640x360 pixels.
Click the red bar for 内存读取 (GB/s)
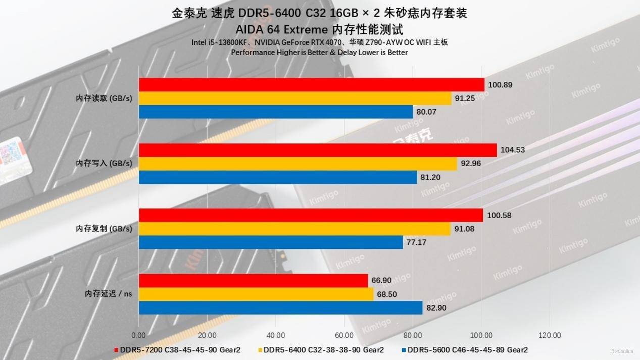tap(311, 85)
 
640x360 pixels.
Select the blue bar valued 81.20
tap(278, 177)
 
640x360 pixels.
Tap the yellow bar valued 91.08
tap(294, 229)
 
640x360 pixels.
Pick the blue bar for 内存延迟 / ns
tap(280, 307)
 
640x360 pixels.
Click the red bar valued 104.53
tap(318, 150)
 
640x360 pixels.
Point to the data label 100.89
tap(500, 85)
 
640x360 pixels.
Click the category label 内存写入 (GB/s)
tap(104, 164)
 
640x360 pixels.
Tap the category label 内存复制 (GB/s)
tap(104, 229)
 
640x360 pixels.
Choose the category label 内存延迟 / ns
tap(108, 294)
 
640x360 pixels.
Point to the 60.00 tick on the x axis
tap(344, 335)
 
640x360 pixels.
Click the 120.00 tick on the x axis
tap(550, 335)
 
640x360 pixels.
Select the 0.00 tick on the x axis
tap(138, 335)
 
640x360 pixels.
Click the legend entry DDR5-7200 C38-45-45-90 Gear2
tap(180, 349)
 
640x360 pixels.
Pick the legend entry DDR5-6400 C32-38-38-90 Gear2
tap(323, 349)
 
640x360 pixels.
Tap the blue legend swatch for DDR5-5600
tap(404, 349)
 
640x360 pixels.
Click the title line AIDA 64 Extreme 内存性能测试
tap(319, 29)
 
